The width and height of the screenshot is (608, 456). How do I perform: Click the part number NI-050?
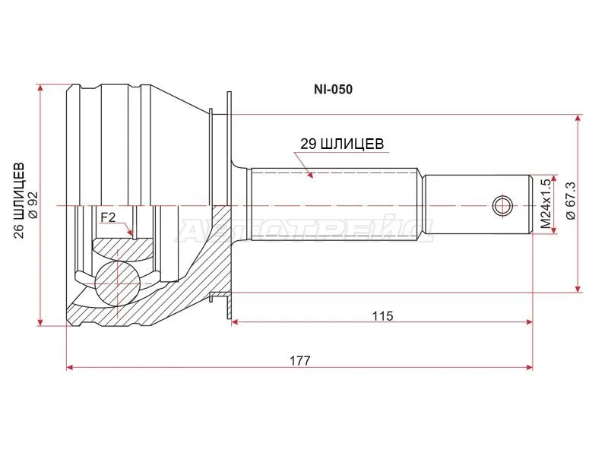334,89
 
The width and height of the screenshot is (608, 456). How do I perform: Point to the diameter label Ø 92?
32,203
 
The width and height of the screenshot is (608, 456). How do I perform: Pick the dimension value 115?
383,315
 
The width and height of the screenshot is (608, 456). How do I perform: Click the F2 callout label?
108,218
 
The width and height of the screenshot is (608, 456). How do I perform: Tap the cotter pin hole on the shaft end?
502,205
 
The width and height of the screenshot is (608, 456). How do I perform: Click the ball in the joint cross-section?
117,282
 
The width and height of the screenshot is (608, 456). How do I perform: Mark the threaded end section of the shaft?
475,205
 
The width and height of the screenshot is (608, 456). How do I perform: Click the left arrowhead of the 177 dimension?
71,367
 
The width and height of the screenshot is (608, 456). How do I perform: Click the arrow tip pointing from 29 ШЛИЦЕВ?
312,178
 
